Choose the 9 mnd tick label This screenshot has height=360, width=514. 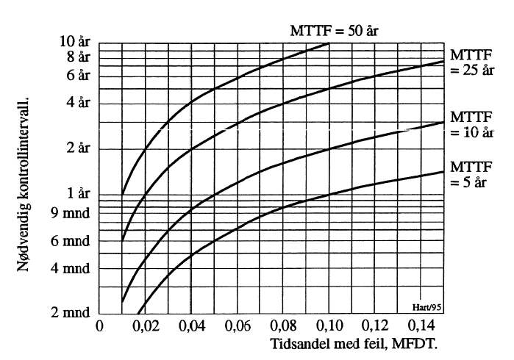70,213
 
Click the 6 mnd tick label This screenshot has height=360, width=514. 70,240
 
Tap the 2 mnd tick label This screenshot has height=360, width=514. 70,314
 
